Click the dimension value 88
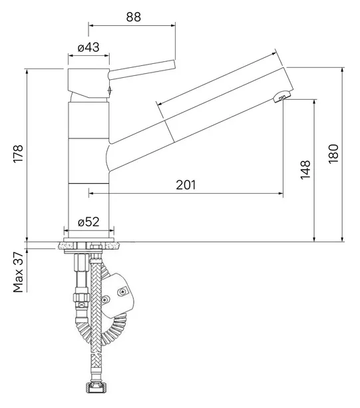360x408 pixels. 134,17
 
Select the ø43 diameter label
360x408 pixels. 89,47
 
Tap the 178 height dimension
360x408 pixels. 18,154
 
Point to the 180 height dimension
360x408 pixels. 333,154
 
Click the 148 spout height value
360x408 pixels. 305,170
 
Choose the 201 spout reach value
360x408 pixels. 186,185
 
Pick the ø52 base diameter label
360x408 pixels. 89,222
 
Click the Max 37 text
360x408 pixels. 18,272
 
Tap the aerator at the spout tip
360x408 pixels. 281,96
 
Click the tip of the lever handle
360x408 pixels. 174,64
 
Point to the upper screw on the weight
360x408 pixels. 122,292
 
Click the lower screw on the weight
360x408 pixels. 105,300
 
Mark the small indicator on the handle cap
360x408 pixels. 110,91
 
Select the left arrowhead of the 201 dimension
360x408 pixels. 91,193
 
